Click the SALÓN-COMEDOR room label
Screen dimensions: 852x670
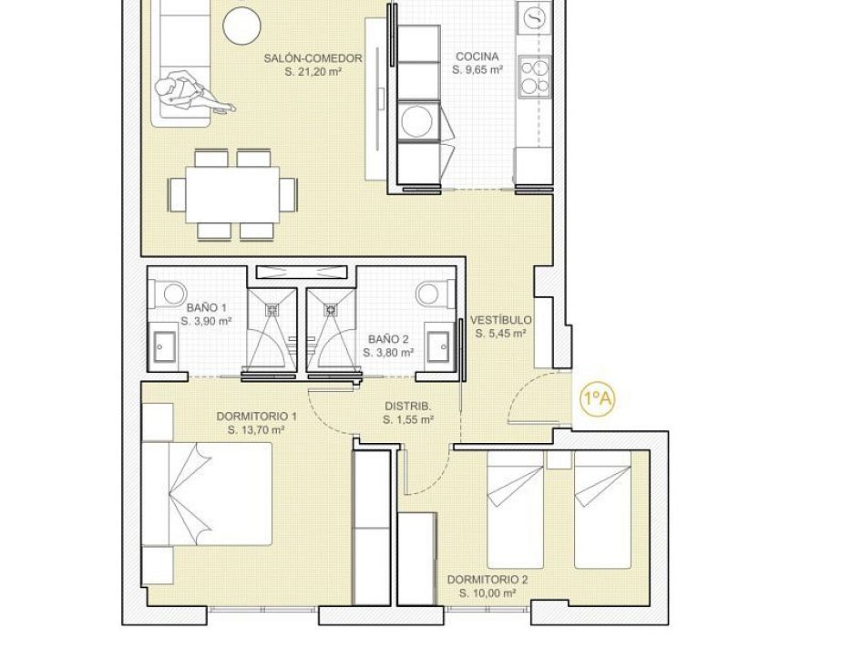point(313,58)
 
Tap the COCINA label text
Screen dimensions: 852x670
point(477,57)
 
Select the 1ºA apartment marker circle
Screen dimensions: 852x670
point(597,399)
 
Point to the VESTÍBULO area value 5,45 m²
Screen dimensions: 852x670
point(500,334)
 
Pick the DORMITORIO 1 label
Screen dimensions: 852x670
point(256,417)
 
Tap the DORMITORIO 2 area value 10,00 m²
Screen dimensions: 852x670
point(488,593)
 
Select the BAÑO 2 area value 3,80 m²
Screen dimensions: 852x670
point(388,353)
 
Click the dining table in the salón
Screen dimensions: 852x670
point(232,194)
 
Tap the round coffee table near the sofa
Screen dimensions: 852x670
point(241,26)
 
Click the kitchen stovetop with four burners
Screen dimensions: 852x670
point(535,76)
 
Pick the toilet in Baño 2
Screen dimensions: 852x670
point(434,294)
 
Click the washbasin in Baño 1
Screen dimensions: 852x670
point(164,345)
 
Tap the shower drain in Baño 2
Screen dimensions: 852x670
point(331,310)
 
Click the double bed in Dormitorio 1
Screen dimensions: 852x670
point(207,493)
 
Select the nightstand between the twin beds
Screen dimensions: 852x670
point(559,459)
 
